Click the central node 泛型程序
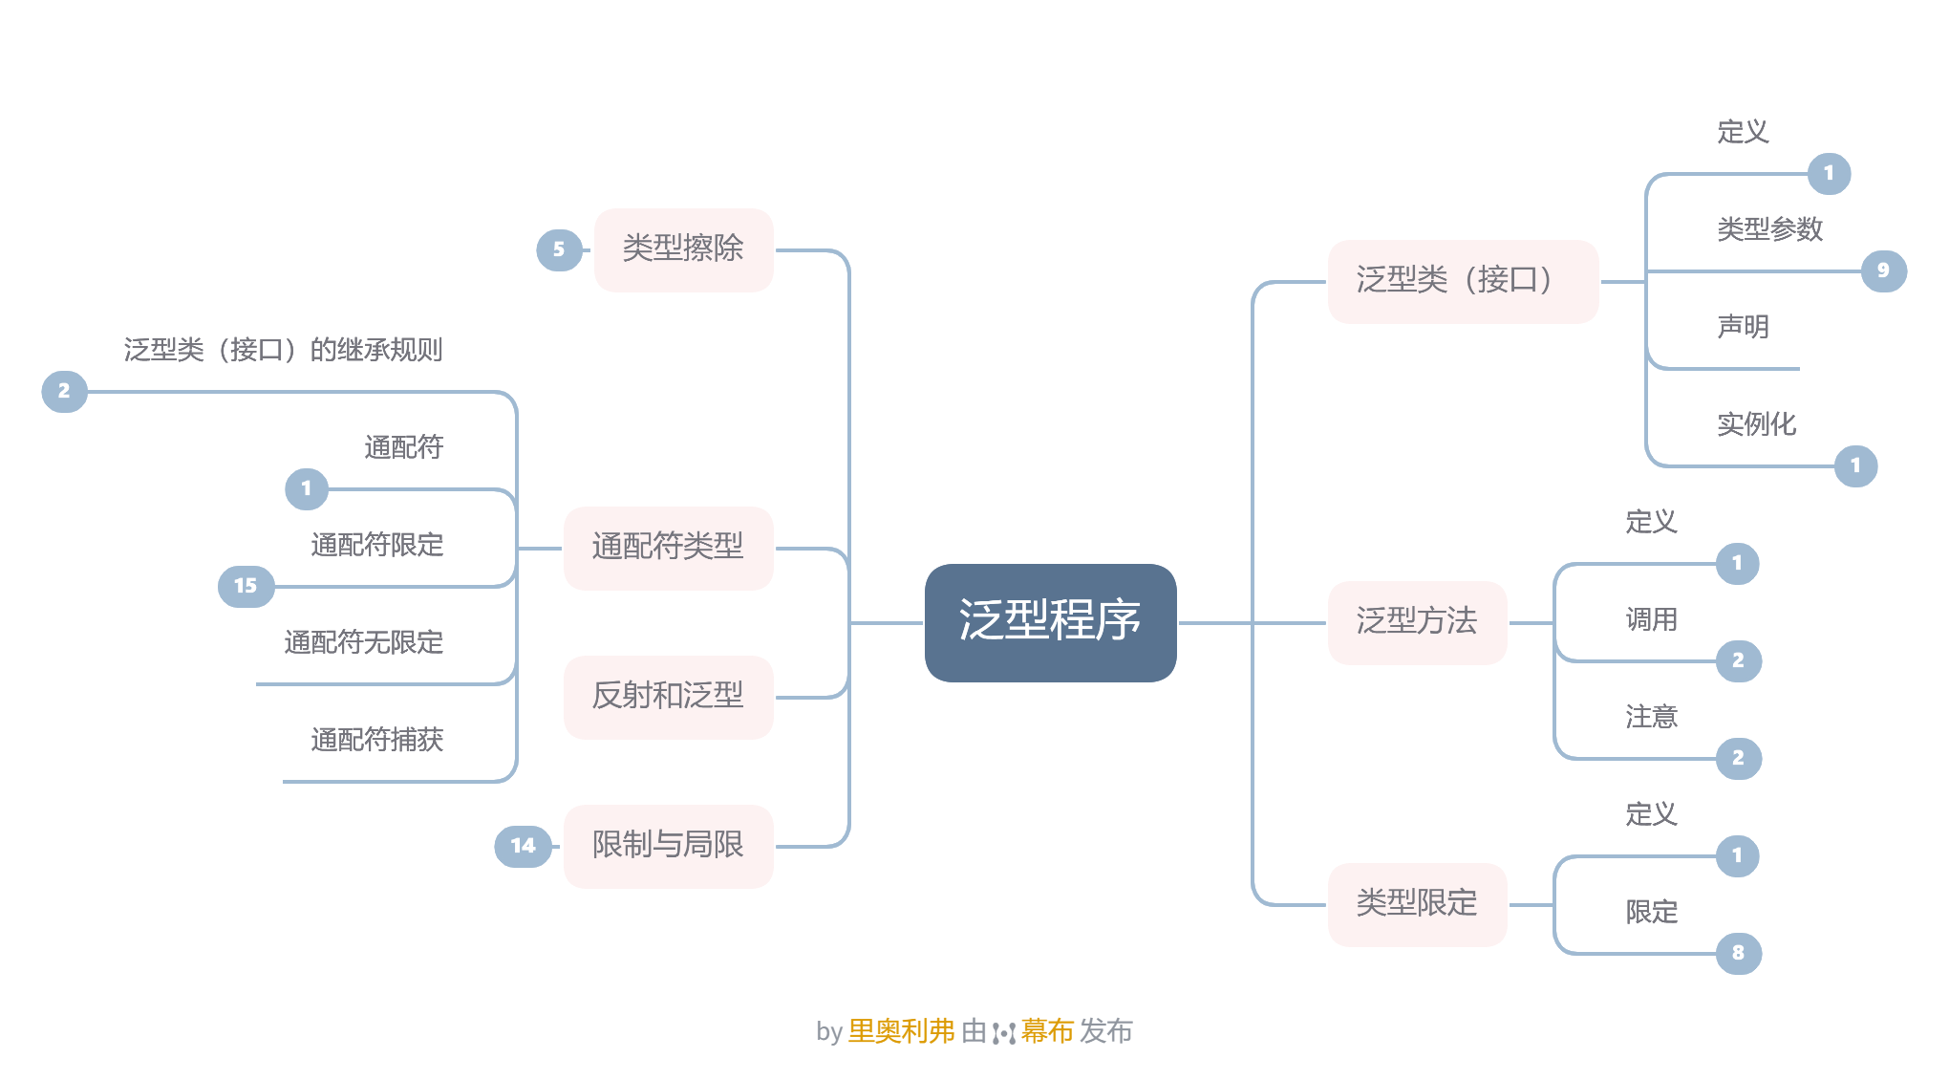tap(1050, 622)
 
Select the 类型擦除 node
tap(683, 249)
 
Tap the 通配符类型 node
tap(668, 548)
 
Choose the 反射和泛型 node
tap(668, 697)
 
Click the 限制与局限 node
tap(668, 846)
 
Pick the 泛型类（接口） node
tap(1462, 281)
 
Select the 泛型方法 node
tap(1417, 622)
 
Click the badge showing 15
tap(246, 586)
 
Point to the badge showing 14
tap(523, 846)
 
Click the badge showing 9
tap(1883, 270)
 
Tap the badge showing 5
tap(559, 249)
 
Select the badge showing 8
tap(1738, 953)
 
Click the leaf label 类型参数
tap(1769, 230)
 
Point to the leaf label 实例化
tap(1756, 424)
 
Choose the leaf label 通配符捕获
tap(376, 741)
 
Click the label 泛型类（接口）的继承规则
tap(283, 351)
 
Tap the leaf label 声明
tap(1743, 328)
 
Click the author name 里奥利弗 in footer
tap(901, 1031)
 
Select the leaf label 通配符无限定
tap(363, 643)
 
